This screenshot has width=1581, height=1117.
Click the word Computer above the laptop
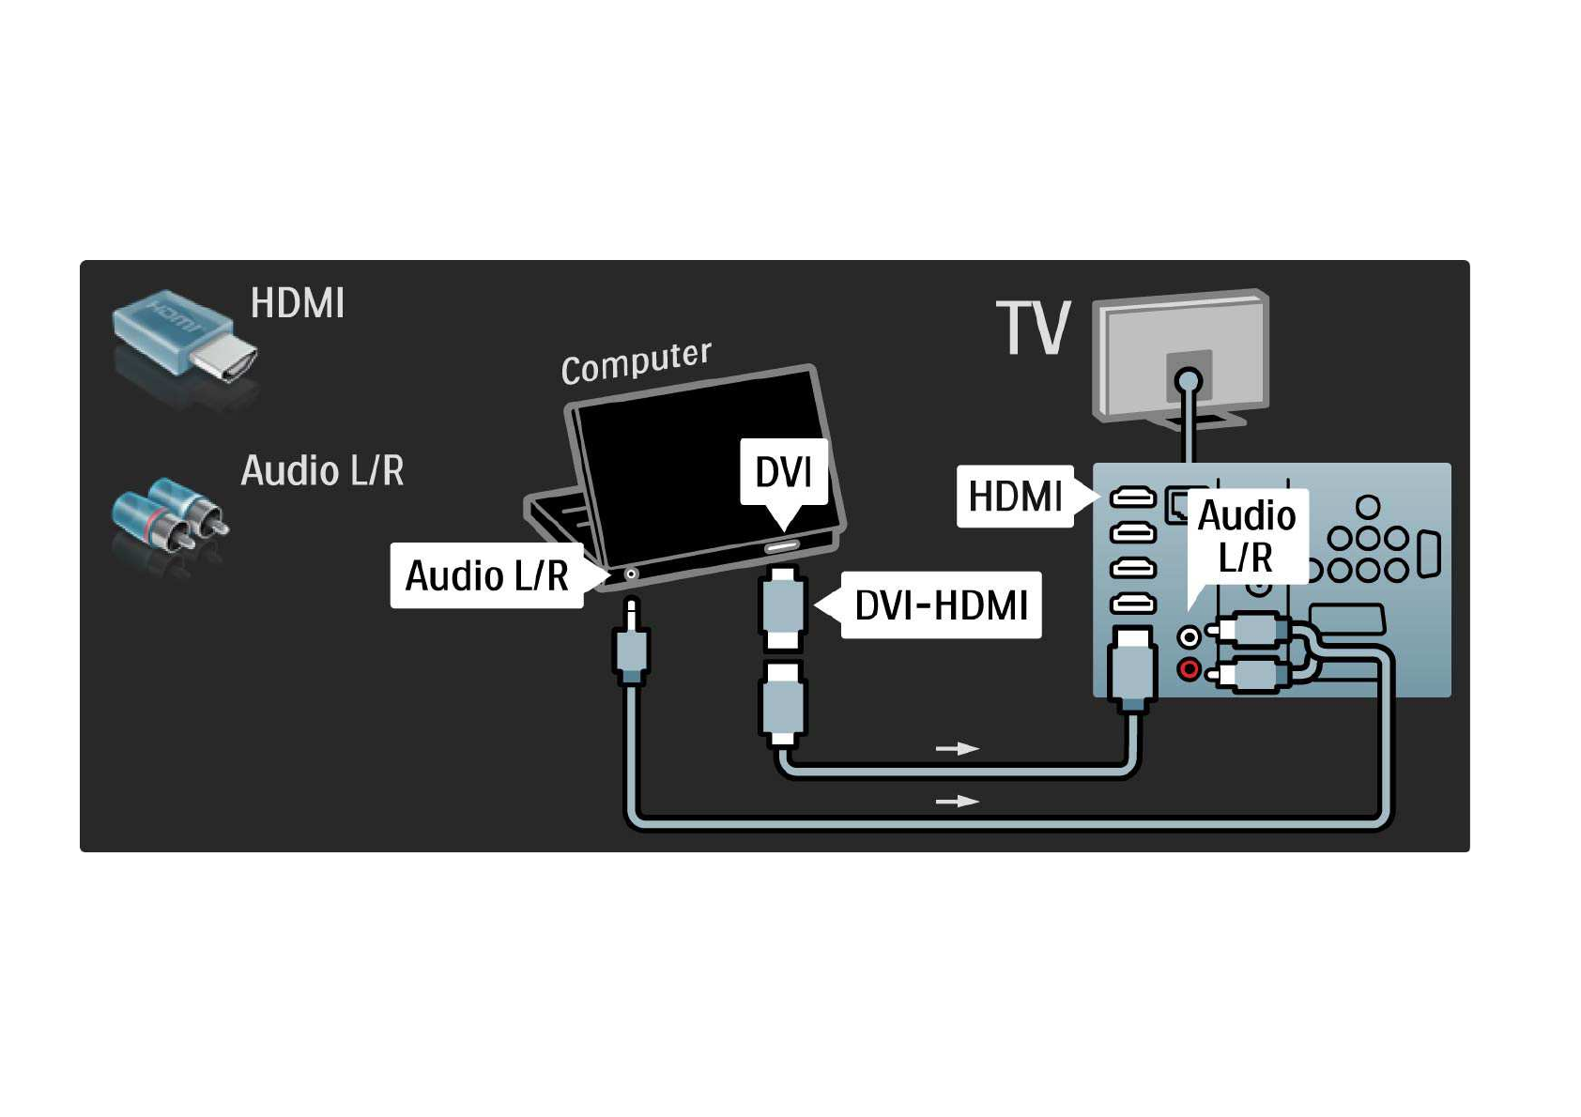(x=636, y=361)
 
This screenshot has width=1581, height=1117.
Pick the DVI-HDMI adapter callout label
(x=941, y=605)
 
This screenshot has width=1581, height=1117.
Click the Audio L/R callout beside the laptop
(x=486, y=575)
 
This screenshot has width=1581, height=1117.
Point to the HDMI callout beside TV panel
(x=1015, y=496)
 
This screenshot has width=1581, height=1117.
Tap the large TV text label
(x=1033, y=329)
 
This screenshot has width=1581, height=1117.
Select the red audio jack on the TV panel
(x=1190, y=669)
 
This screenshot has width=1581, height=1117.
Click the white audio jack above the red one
(x=1190, y=637)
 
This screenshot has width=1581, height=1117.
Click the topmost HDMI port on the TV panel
(x=1132, y=497)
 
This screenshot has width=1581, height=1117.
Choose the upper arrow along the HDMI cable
(x=957, y=748)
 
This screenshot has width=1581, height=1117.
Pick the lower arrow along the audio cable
(x=957, y=801)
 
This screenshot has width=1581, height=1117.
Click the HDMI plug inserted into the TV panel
(x=1132, y=668)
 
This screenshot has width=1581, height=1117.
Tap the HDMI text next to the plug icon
(x=298, y=303)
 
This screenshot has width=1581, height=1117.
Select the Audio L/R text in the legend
(x=322, y=470)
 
